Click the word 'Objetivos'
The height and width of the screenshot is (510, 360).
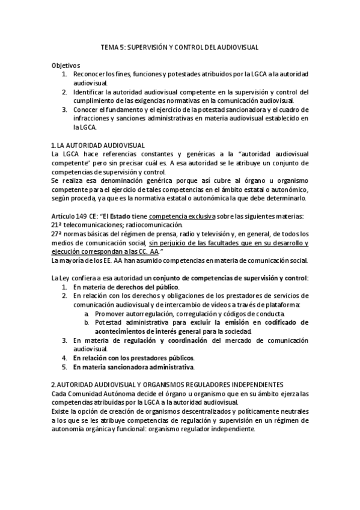click(66, 65)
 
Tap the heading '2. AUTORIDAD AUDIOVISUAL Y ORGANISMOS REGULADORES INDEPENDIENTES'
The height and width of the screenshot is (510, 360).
click(175, 384)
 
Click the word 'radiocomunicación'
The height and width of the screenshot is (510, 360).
click(154, 225)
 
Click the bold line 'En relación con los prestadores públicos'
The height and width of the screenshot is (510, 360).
click(133, 357)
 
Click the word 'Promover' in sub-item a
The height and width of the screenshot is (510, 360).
click(109, 313)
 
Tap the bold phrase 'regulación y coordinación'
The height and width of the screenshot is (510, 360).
click(157, 340)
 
